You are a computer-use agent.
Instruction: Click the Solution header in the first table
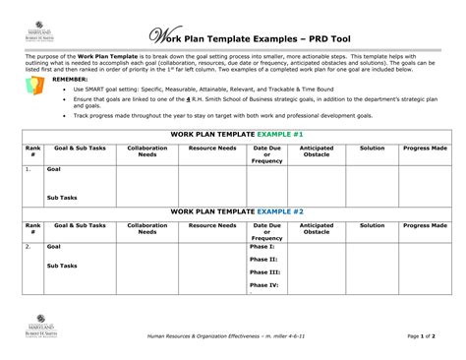click(x=372, y=147)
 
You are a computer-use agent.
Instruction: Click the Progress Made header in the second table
click(x=425, y=225)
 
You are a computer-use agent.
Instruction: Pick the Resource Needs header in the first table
click(x=211, y=147)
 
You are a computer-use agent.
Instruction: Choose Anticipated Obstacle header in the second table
click(x=316, y=228)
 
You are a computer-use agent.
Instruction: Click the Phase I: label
click(x=263, y=246)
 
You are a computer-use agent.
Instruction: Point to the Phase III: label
click(x=265, y=271)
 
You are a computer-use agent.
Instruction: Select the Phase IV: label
click(x=265, y=284)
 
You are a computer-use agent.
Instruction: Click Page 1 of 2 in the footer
click(x=426, y=336)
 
